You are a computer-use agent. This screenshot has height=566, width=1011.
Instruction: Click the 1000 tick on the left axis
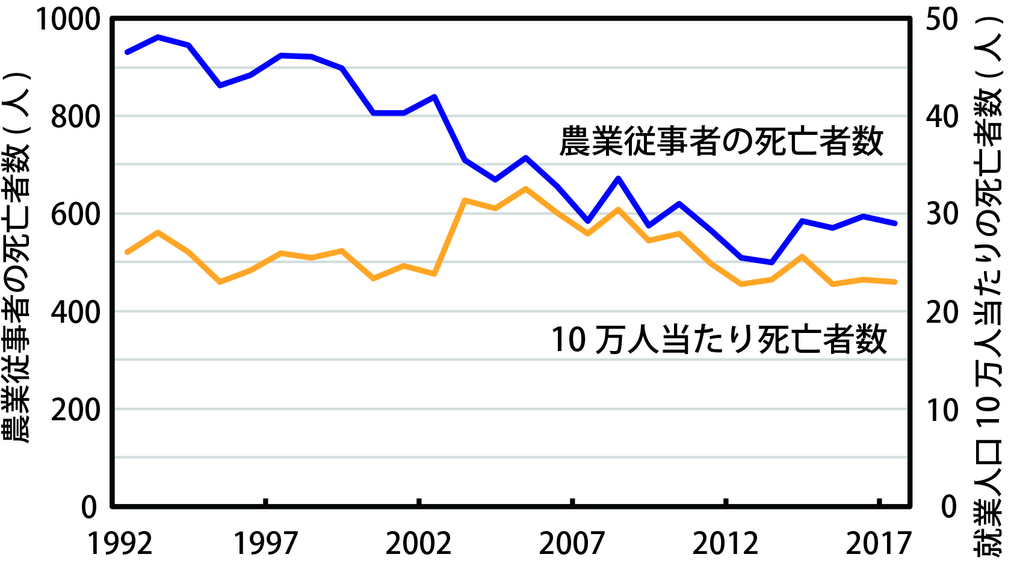68,19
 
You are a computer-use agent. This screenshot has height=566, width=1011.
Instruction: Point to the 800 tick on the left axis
75,116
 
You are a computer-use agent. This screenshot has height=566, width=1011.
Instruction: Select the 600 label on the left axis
75,214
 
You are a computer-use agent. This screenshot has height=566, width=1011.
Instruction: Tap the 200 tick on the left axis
75,409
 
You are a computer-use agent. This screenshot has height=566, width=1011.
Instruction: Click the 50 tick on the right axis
942,19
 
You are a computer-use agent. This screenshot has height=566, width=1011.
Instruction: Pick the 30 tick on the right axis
942,214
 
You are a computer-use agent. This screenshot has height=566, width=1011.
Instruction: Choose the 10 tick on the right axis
942,409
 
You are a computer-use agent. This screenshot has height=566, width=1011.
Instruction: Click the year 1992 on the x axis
120,543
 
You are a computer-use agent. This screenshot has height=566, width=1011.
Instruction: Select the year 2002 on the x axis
418,543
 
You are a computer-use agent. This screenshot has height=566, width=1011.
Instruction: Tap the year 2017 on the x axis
879,543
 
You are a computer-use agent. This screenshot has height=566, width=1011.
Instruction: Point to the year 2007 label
572,543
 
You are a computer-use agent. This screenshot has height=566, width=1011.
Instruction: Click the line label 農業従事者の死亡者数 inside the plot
721,142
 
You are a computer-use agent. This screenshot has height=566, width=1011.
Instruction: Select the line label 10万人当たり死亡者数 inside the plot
719,339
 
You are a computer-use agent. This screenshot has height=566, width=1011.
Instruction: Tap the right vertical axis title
990,283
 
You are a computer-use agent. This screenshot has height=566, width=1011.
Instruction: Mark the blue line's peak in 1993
158,37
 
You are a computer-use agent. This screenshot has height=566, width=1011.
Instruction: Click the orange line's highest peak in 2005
526,188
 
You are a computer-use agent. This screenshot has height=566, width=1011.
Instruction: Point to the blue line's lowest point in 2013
771,263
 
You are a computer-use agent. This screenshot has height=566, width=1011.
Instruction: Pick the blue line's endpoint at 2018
895,223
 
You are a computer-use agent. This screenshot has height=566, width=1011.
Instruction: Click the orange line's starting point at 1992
126,252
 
